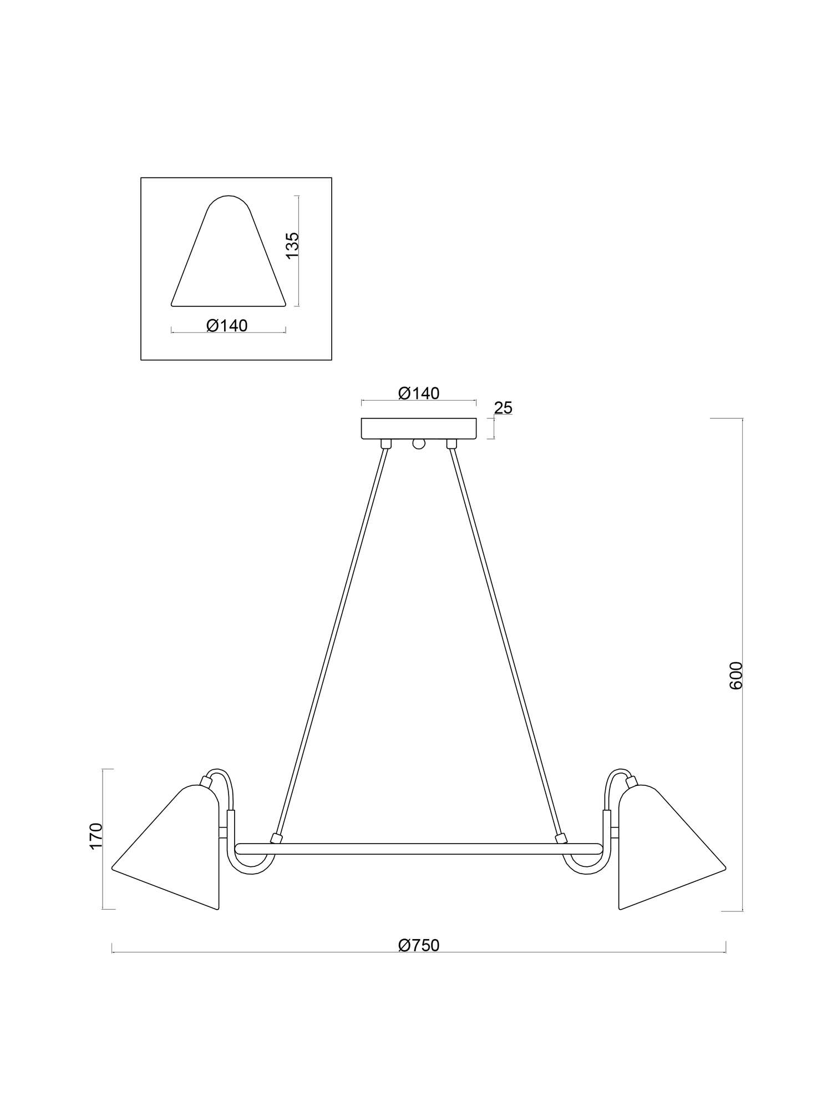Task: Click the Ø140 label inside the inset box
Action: coord(227,325)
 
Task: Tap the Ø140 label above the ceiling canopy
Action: coord(419,393)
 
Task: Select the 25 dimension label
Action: coord(503,408)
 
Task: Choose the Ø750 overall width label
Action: coord(419,945)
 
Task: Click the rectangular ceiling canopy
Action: coord(419,428)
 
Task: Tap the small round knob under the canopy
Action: coord(419,443)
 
